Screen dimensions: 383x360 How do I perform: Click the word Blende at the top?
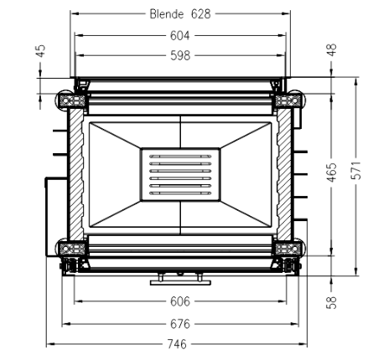[x=167, y=14]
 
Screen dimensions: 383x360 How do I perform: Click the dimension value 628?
[x=201, y=14]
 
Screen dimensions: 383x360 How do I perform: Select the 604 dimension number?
[x=180, y=36]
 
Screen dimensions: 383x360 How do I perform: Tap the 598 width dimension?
[x=180, y=55]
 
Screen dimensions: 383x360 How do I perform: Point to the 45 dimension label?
[x=41, y=51]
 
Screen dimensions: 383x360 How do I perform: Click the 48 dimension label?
[x=332, y=50]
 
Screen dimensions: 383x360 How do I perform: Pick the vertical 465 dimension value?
[x=332, y=172]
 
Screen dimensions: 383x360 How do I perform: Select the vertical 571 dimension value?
[x=356, y=170]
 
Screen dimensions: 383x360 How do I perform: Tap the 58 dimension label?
[x=332, y=302]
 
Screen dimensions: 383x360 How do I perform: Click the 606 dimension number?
[x=180, y=301]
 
